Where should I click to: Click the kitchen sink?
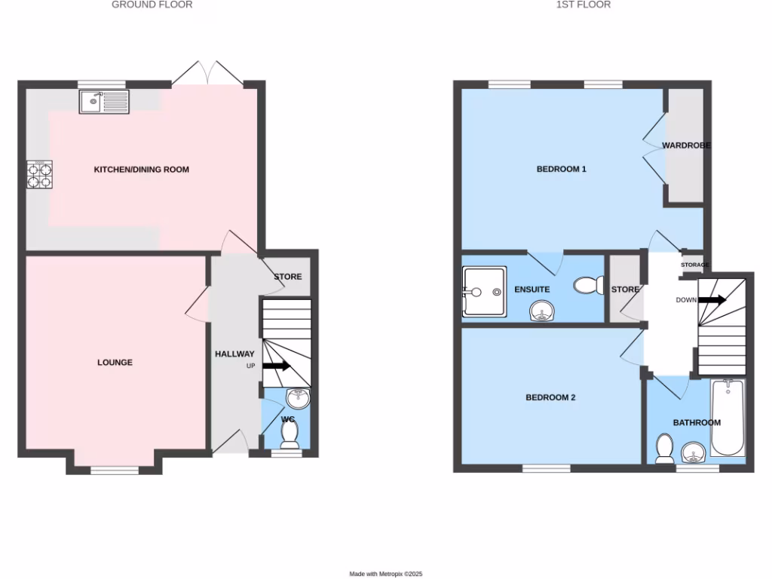click(x=104, y=101)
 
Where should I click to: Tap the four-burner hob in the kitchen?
click(x=40, y=174)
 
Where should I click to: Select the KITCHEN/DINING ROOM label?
click(x=141, y=170)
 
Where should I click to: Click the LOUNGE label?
click(x=115, y=363)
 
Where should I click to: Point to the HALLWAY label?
click(x=234, y=354)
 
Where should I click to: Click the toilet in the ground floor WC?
click(x=289, y=433)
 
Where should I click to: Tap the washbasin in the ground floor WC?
click(x=297, y=397)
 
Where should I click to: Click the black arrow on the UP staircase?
click(x=277, y=366)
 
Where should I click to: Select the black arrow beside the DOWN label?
click(x=712, y=300)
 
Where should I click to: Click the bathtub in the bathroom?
click(x=728, y=418)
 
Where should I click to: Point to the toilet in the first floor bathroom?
click(x=664, y=448)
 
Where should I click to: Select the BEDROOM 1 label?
click(x=561, y=169)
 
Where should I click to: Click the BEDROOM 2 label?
click(x=550, y=397)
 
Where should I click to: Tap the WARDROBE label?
click(x=686, y=145)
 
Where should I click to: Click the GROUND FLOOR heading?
click(x=152, y=5)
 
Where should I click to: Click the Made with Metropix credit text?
click(x=385, y=574)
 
